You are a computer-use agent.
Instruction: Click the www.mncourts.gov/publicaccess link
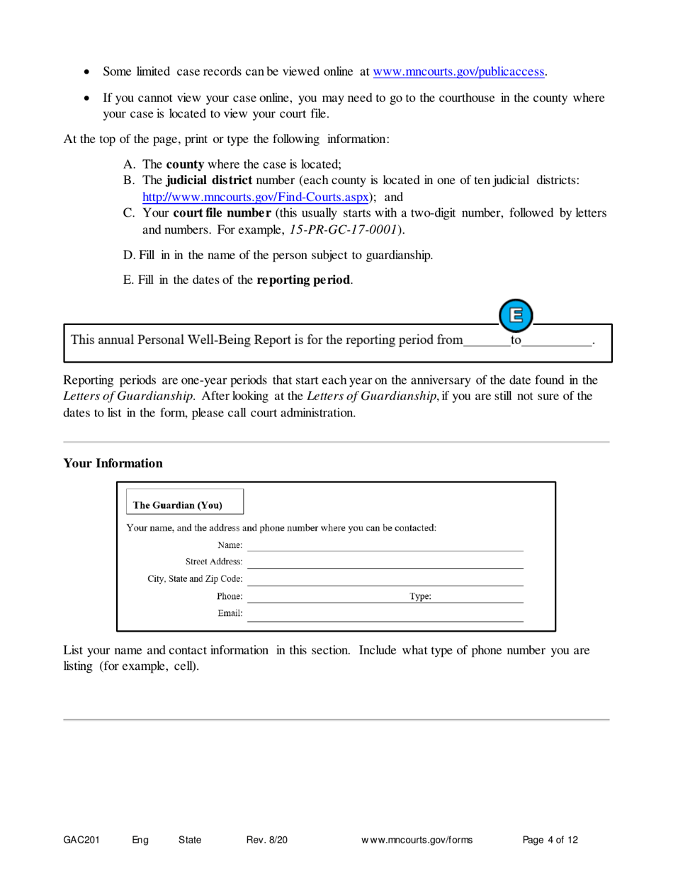[x=459, y=72]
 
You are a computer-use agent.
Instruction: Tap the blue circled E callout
[x=516, y=314]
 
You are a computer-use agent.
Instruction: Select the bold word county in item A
[x=185, y=163]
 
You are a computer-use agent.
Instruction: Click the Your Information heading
[x=113, y=463]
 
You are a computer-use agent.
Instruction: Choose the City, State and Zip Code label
[x=195, y=579]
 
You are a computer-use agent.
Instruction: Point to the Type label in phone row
[x=420, y=597]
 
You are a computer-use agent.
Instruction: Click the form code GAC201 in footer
[x=81, y=840]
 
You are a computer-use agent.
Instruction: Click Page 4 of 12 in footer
[x=550, y=840]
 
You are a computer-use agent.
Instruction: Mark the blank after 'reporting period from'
[x=486, y=341]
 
